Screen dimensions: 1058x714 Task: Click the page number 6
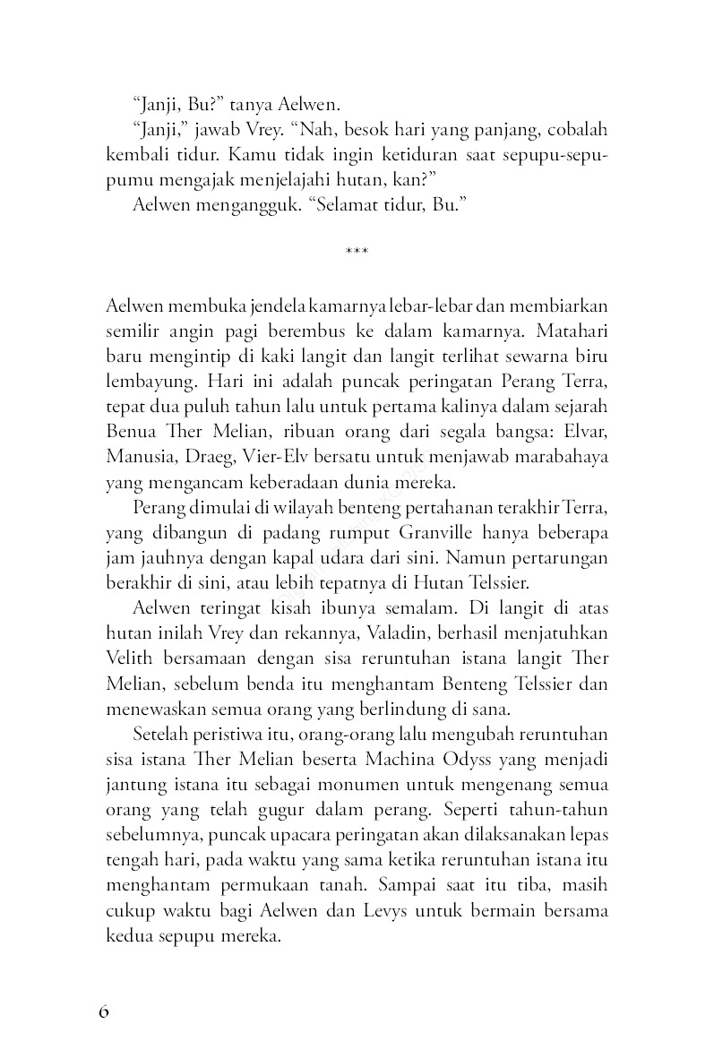click(104, 1011)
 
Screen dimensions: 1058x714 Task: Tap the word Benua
click(132, 434)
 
